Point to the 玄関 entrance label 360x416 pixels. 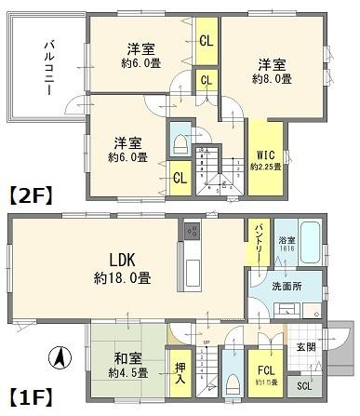tap(305, 347)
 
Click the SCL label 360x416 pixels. tap(304, 386)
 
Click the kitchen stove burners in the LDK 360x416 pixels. tap(192, 230)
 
